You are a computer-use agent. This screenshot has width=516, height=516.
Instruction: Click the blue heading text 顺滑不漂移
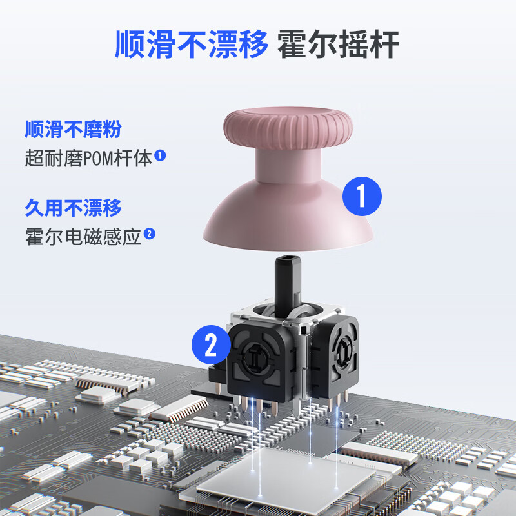pyautogui.click(x=191, y=45)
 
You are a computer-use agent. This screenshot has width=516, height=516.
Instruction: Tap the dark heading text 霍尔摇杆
pyautogui.click(x=339, y=45)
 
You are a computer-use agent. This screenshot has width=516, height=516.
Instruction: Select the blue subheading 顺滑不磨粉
pyautogui.click(x=73, y=130)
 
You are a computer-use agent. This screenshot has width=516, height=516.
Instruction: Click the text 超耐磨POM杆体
pyautogui.click(x=88, y=157)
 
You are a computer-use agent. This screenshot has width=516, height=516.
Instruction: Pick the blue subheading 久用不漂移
pyautogui.click(x=73, y=208)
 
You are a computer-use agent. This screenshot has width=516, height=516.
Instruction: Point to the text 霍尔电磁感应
pyautogui.click(x=83, y=235)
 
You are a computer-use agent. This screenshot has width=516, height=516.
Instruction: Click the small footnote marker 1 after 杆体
pyautogui.click(x=161, y=155)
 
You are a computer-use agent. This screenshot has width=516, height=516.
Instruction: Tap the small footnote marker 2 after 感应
pyautogui.click(x=150, y=233)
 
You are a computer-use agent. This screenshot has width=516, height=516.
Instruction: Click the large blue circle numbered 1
pyautogui.click(x=362, y=195)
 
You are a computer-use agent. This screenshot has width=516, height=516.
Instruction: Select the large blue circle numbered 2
pyautogui.click(x=210, y=346)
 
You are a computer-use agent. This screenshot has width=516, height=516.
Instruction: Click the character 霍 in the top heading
pyautogui.click(x=292, y=45)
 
